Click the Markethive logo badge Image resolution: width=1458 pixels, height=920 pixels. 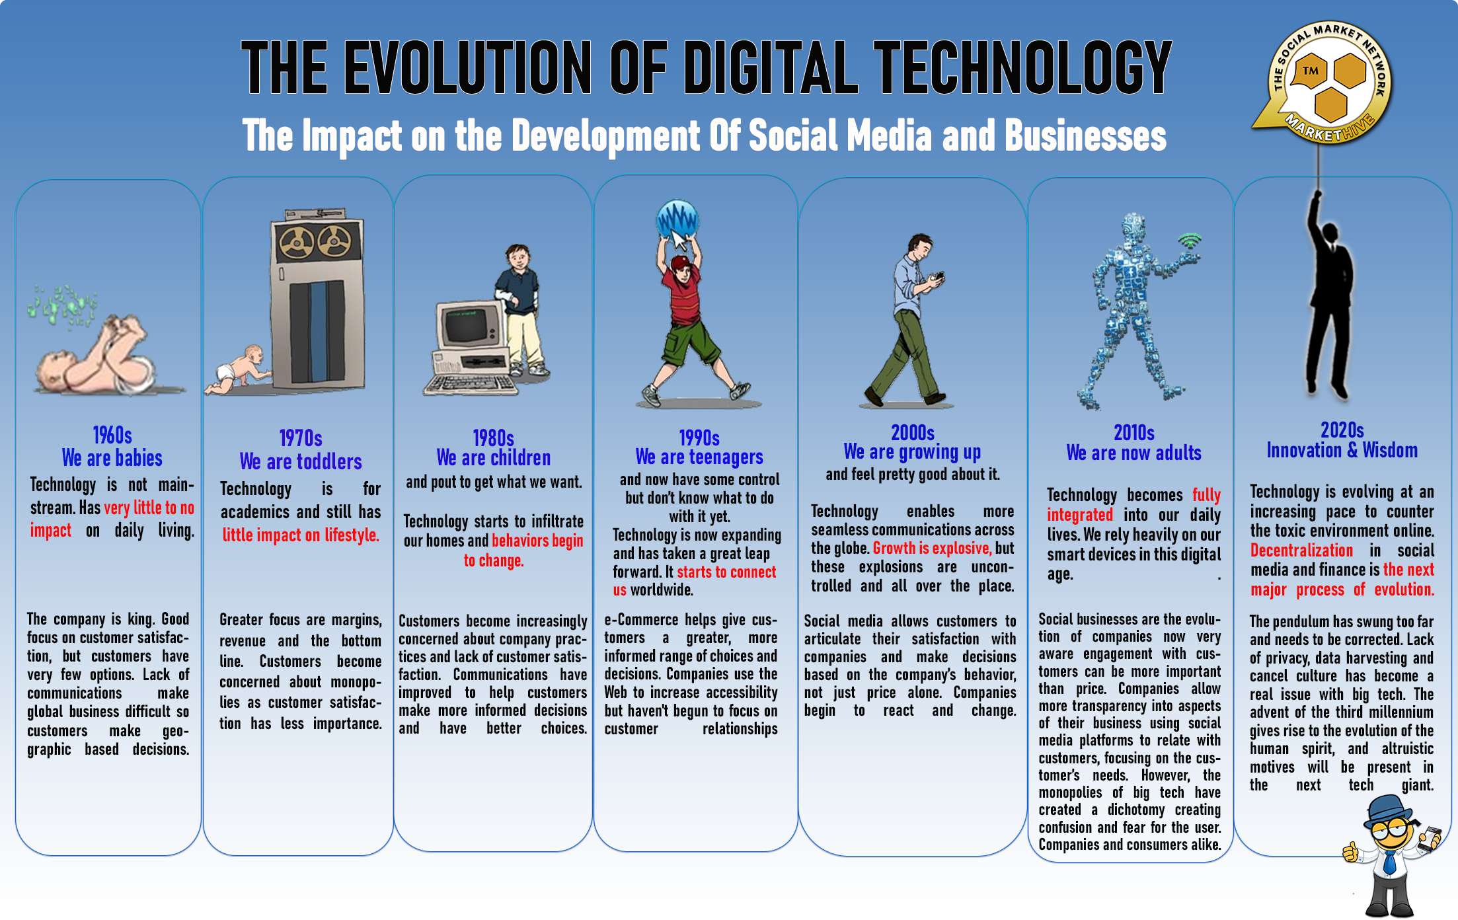pos(1326,83)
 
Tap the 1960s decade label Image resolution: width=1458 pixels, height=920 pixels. pos(112,436)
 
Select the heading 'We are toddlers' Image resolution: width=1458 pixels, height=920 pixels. pos(301,461)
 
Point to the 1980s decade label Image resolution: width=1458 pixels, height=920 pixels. pos(493,438)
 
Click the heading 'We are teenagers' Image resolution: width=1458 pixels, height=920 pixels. pos(699,457)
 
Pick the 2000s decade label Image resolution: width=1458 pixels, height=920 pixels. pos(913,433)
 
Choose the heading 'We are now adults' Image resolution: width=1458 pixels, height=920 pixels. pos(1134,453)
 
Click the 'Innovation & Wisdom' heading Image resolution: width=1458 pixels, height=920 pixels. pos(1342,450)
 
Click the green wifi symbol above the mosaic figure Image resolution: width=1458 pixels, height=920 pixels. pos(1190,241)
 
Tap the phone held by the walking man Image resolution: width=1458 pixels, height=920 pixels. pos(939,276)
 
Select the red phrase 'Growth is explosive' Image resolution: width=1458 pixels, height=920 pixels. pos(932,548)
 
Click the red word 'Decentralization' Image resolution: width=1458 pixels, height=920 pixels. pos(1301,551)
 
